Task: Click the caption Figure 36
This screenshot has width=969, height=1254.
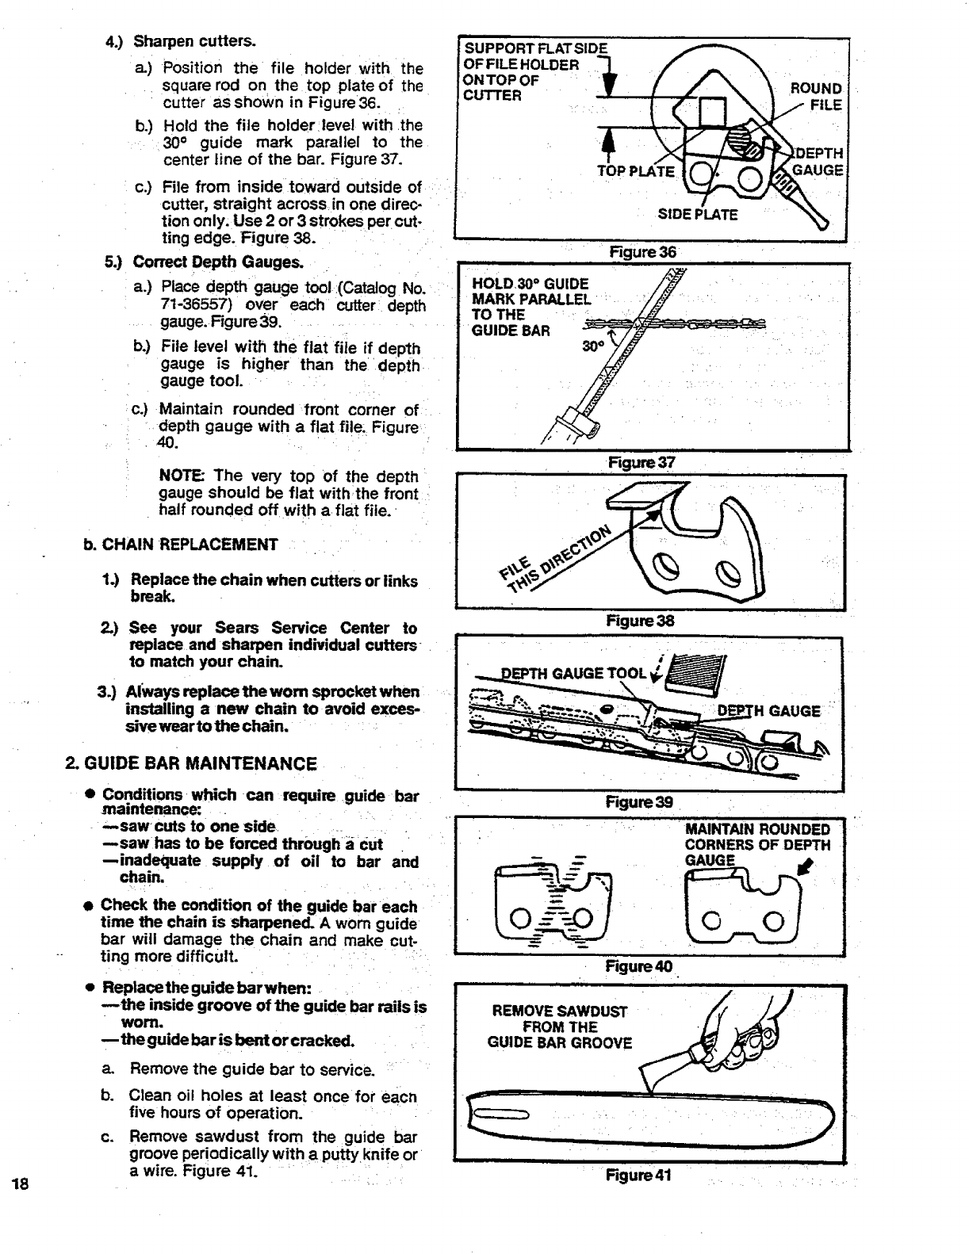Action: (x=642, y=252)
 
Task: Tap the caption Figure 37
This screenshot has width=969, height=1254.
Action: (x=641, y=462)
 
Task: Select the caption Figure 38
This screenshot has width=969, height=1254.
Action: (x=641, y=621)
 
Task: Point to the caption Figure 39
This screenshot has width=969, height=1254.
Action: (x=639, y=801)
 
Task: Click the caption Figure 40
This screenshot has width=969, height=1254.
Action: (x=639, y=966)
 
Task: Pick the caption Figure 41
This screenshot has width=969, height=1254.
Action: (x=639, y=1175)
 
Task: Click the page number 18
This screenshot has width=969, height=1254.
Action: (x=21, y=1185)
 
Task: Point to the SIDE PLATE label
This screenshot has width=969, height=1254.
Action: (x=698, y=215)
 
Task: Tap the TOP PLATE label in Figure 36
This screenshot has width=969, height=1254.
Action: (x=635, y=172)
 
